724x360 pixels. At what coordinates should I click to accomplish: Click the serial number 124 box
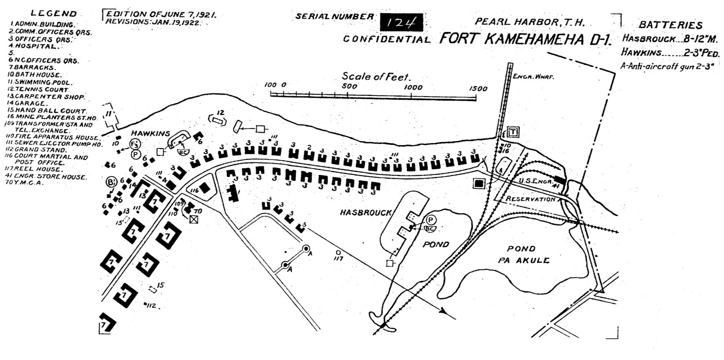(401, 22)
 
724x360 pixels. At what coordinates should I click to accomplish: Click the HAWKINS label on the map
(150, 133)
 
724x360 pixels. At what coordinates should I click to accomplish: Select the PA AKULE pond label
(524, 260)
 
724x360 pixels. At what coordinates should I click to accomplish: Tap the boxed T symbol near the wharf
(513, 132)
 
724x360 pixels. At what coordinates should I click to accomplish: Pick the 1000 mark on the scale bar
(413, 87)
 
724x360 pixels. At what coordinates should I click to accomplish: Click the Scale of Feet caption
(376, 76)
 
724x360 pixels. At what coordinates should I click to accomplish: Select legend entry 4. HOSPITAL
(34, 46)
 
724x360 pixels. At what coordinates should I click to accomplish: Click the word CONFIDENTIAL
(386, 39)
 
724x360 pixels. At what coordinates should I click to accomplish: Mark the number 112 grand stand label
(151, 305)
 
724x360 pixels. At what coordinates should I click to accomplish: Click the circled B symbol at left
(110, 182)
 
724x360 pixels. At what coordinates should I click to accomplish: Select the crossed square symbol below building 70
(194, 219)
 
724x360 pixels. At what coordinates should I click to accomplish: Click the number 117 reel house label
(338, 258)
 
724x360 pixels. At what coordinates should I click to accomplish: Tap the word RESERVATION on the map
(530, 199)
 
